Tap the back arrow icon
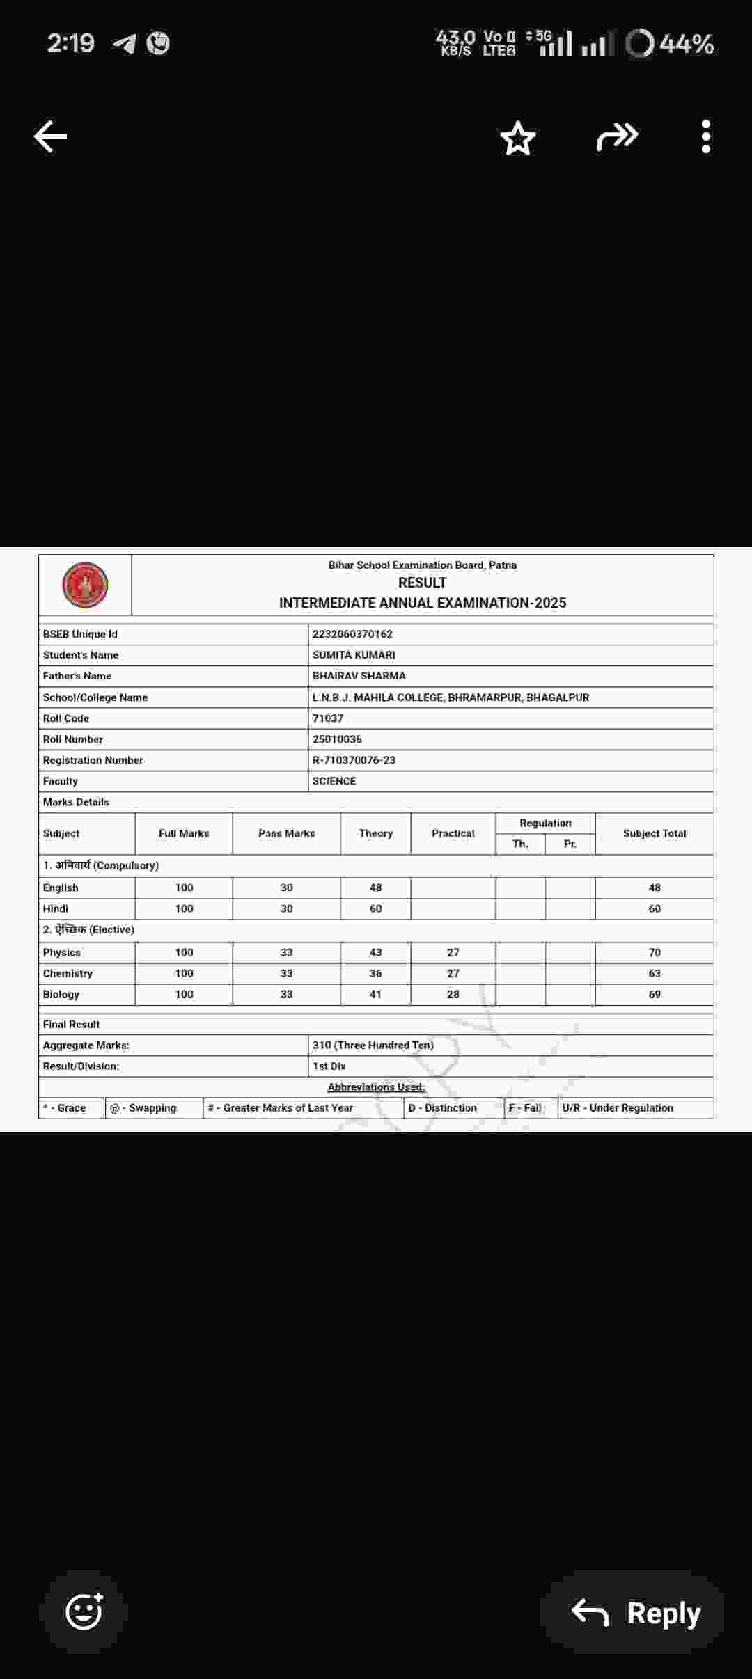coord(51,136)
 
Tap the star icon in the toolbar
coord(518,138)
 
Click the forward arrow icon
coord(618,136)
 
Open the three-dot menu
coord(705,136)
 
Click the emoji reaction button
coord(84,1611)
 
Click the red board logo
coord(85,585)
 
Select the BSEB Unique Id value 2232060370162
coord(352,634)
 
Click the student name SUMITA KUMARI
coord(354,655)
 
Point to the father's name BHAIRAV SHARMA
coord(359,676)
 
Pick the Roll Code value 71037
coord(328,718)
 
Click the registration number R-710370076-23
coord(354,760)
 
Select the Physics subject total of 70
coord(655,952)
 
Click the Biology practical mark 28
coord(453,994)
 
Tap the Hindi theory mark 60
coord(375,908)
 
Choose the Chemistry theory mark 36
coord(375,973)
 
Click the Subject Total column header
coord(655,833)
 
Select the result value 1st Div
coord(329,1066)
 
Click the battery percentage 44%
coord(686,44)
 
